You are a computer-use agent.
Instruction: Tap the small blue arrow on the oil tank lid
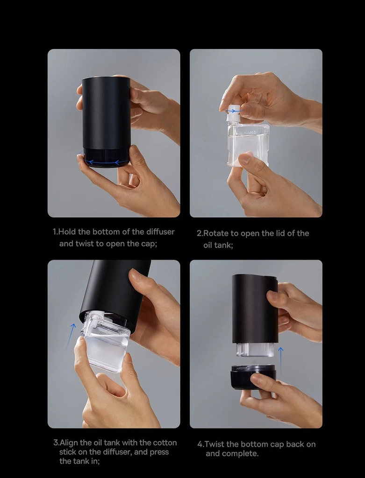(232, 111)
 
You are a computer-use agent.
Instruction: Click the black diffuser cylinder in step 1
(106, 112)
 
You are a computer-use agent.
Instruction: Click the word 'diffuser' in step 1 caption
(157, 232)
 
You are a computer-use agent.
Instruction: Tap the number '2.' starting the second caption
(200, 233)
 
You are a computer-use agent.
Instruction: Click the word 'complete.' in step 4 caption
(240, 454)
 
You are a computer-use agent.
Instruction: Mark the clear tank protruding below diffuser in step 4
(255, 349)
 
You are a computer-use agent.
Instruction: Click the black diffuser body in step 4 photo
(255, 308)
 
